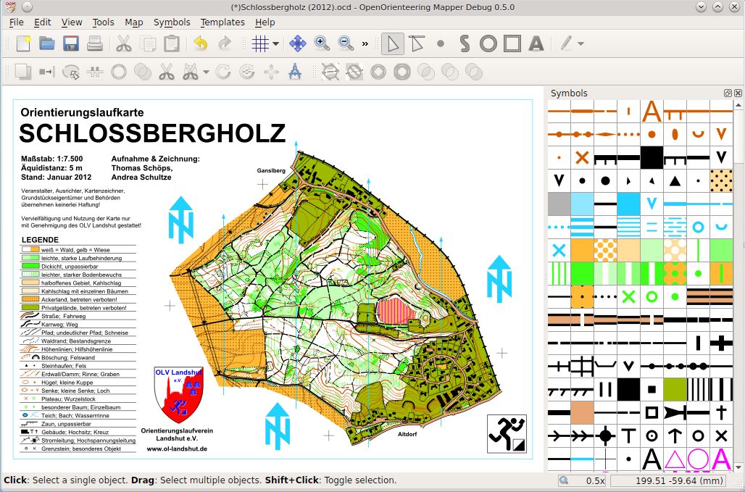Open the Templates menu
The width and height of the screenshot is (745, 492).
tap(222, 22)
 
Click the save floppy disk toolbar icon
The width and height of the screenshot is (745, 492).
tap(71, 43)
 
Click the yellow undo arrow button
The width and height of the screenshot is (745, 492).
tap(201, 43)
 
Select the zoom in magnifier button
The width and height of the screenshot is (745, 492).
tap(322, 43)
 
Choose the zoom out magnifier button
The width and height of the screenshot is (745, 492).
tap(346, 43)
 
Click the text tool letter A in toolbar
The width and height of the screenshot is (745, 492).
tap(536, 43)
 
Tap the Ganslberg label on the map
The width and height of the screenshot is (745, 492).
tap(272, 171)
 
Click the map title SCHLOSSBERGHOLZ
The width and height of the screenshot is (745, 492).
tap(152, 133)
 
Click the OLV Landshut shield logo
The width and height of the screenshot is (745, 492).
tap(179, 395)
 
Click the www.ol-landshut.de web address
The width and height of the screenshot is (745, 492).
tap(178, 449)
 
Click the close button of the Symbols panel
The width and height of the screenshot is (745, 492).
tap(738, 93)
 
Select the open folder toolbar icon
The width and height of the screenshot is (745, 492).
tap(47, 43)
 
